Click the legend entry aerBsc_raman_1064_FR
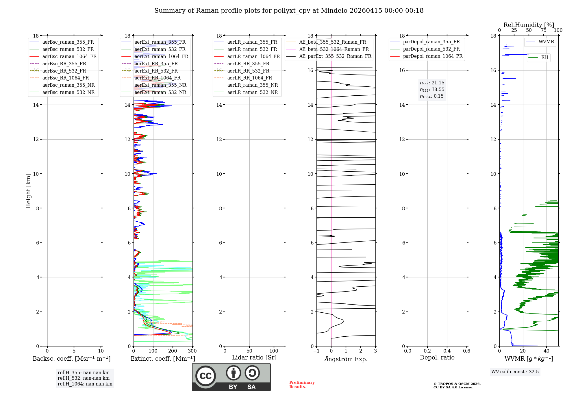coord(69,57)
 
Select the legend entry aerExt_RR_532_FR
coord(156,71)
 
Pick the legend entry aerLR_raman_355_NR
coord(252,85)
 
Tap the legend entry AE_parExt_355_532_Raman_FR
coord(335,56)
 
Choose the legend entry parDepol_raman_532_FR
coord(431,49)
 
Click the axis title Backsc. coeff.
coord(71,359)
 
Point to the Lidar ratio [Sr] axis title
coord(254,358)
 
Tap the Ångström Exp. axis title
coord(346,359)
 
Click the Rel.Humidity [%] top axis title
coord(529,25)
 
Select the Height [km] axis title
coord(28,191)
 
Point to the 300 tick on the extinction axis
coord(192,351)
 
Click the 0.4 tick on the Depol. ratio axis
coord(447,351)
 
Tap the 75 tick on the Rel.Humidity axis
coord(543,30)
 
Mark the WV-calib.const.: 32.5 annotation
coord(515,372)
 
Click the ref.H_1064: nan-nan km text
coord(85,384)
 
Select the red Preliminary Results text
coord(302,385)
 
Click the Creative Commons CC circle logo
coord(205,376)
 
